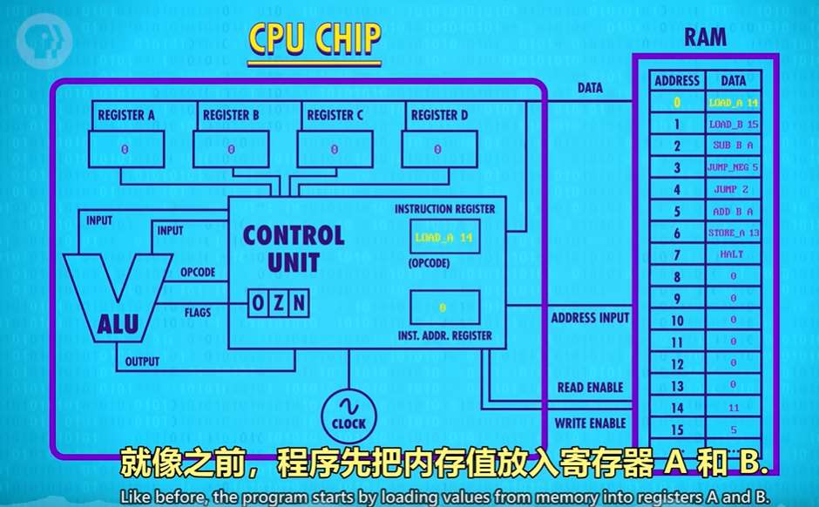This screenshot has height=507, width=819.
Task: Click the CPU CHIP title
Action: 315,39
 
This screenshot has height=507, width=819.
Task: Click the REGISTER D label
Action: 439,115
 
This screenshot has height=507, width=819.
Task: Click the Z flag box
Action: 278,303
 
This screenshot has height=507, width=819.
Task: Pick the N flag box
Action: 299,303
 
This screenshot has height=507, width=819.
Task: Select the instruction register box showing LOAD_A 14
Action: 444,236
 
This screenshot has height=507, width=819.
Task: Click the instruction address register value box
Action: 444,308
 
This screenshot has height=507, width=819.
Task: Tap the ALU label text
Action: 117,325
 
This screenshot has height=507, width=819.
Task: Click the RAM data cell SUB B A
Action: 733,146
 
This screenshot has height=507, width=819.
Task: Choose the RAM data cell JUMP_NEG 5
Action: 733,167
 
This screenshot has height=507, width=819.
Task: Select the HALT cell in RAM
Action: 733,254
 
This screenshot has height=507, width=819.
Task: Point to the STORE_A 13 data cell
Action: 733,233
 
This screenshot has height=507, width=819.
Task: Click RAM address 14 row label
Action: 677,407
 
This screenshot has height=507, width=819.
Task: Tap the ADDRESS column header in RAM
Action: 677,80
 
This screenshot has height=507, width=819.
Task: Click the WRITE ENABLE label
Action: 591,423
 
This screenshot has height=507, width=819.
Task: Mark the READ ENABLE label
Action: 591,388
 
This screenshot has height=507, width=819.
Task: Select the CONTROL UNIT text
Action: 293,247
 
